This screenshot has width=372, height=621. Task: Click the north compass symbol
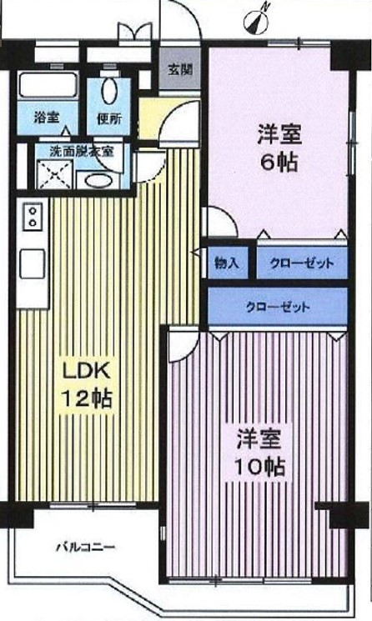click(x=256, y=21)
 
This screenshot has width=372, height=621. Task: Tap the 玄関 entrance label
click(x=181, y=70)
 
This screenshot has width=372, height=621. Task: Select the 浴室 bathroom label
click(x=47, y=118)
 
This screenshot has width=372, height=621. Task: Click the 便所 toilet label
click(x=110, y=118)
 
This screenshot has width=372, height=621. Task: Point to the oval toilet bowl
click(x=109, y=92)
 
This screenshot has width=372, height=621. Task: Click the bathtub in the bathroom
click(x=47, y=86)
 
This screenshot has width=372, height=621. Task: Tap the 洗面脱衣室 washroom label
click(x=82, y=151)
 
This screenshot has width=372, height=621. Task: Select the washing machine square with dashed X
click(x=55, y=174)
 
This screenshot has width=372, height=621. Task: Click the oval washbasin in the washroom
click(x=98, y=181)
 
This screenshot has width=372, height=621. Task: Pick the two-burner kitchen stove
click(x=33, y=216)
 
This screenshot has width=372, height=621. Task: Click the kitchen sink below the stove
click(x=33, y=263)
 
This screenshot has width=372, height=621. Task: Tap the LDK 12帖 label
click(x=88, y=385)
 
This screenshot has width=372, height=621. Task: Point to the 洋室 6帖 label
click(x=279, y=148)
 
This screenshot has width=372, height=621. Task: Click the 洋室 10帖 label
click(x=259, y=453)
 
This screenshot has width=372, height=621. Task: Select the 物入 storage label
click(x=227, y=263)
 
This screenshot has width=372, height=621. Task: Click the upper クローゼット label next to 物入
click(x=302, y=263)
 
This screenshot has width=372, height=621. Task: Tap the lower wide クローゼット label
click(x=278, y=308)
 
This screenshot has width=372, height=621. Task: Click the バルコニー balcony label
click(x=86, y=548)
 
